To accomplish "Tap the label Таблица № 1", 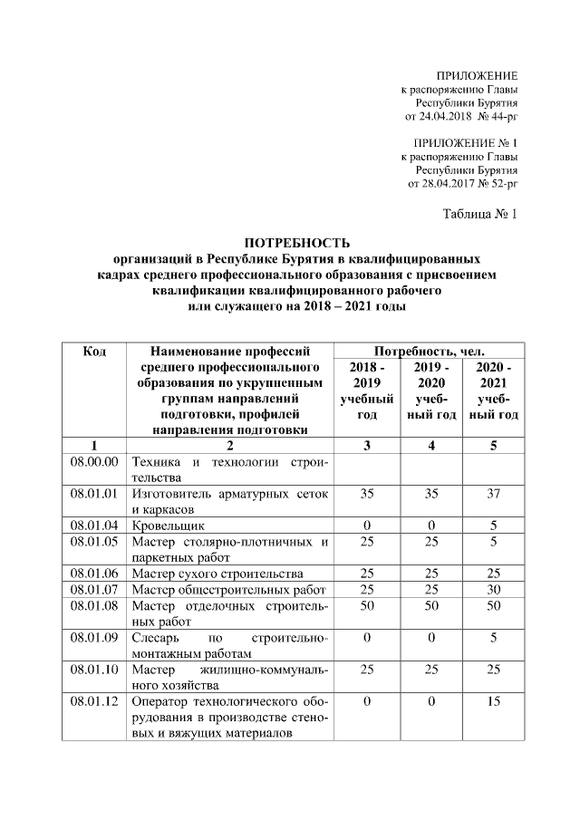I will [x=480, y=215].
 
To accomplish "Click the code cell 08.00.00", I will [x=95, y=462].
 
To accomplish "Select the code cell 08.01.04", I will [x=95, y=525].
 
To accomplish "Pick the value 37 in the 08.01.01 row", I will [x=493, y=494].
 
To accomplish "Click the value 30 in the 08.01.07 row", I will [x=493, y=589].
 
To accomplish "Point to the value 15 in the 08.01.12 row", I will [x=493, y=700].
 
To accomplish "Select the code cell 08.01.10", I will [x=95, y=670].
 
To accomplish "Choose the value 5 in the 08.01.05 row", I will [x=493, y=541].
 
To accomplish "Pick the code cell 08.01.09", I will [x=95, y=637].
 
